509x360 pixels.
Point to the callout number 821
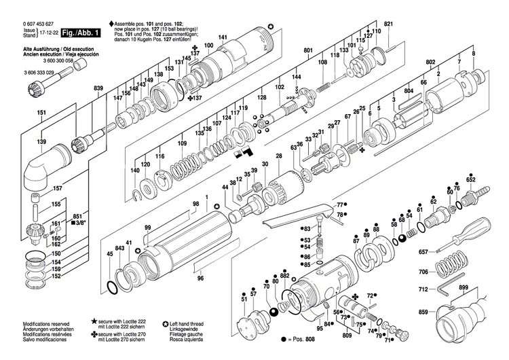389,24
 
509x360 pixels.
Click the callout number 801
308,51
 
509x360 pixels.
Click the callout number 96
200,278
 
